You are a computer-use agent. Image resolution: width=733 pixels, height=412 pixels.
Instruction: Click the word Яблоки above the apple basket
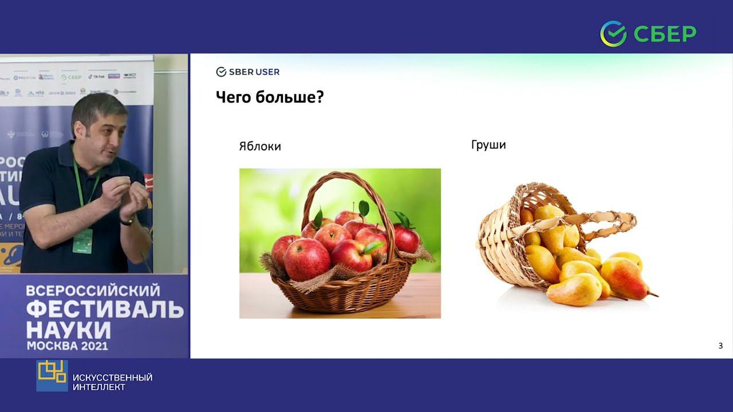coord(260,146)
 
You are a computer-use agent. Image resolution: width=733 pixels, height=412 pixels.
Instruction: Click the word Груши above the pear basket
coord(488,145)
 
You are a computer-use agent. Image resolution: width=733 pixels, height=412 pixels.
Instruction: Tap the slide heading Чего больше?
coord(270,97)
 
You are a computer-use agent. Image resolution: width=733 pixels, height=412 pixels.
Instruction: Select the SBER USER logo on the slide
coord(247,72)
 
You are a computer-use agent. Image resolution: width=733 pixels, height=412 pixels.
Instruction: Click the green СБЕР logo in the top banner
coord(648,33)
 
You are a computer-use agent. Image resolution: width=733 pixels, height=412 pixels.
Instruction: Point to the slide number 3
coord(720,346)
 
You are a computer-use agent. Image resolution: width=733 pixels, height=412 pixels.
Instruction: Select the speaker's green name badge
coord(82,241)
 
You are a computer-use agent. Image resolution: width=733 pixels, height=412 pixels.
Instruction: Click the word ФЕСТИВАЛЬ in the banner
coord(105,310)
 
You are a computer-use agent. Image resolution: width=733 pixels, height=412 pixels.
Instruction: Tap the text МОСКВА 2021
coord(67,346)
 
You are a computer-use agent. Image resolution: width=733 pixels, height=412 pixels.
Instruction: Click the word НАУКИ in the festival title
coord(68,330)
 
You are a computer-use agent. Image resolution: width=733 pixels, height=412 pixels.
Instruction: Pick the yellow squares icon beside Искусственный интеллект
coord(52,375)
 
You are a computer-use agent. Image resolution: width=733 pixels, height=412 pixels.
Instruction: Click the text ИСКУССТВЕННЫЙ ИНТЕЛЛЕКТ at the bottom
coord(112,382)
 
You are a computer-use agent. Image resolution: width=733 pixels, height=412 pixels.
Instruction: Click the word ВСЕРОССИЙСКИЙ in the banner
coord(93,291)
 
